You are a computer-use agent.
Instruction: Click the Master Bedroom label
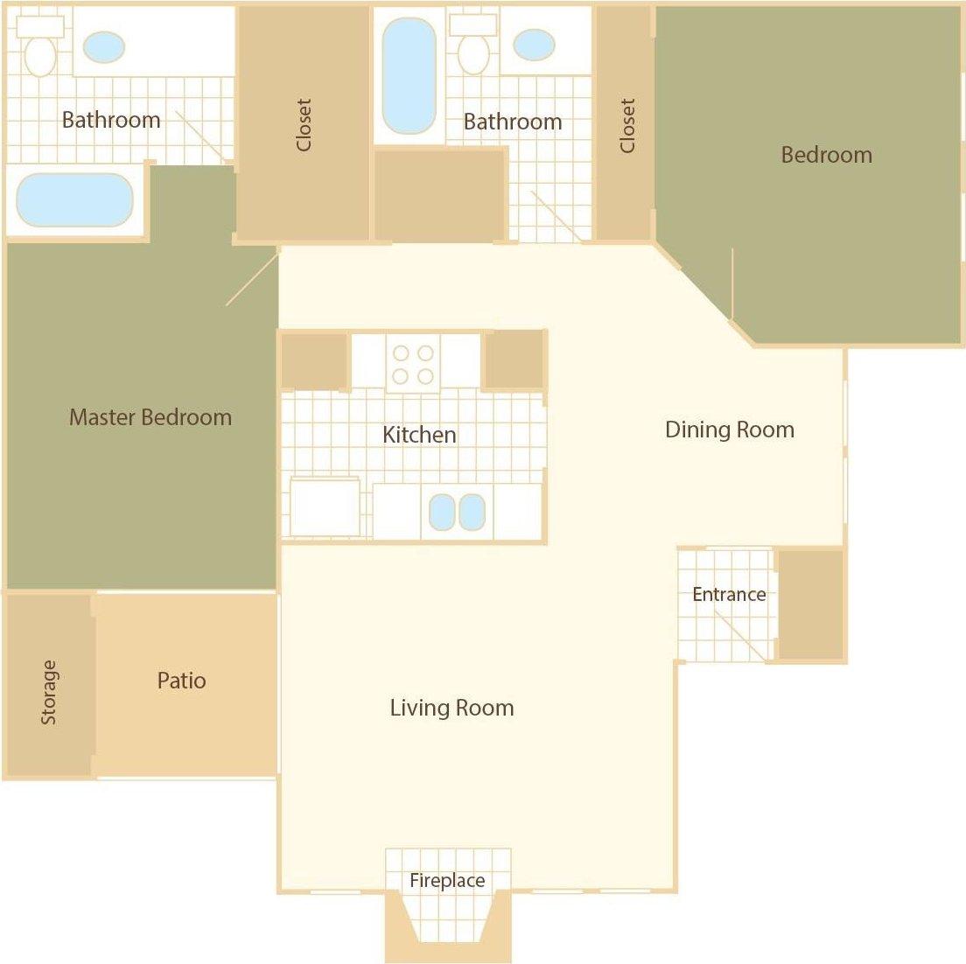150,417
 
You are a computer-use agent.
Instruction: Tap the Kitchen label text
419,435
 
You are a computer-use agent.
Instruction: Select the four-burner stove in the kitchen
413,364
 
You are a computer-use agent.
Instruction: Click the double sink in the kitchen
457,513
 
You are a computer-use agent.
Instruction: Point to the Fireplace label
447,881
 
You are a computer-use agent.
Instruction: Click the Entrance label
729,595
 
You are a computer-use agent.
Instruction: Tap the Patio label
182,681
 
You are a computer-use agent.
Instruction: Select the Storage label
49,692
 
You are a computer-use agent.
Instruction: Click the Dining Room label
730,430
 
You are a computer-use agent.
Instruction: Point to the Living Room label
451,708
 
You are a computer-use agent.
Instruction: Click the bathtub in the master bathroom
74,199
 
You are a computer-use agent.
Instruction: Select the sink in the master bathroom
103,47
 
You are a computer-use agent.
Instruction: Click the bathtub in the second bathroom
409,76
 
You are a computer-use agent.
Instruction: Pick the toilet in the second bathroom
473,47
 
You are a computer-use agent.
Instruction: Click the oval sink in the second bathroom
534,45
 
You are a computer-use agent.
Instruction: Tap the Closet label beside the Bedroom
627,126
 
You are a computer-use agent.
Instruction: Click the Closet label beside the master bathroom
304,125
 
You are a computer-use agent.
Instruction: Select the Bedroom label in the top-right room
826,155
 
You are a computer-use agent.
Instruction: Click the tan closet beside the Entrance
810,604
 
